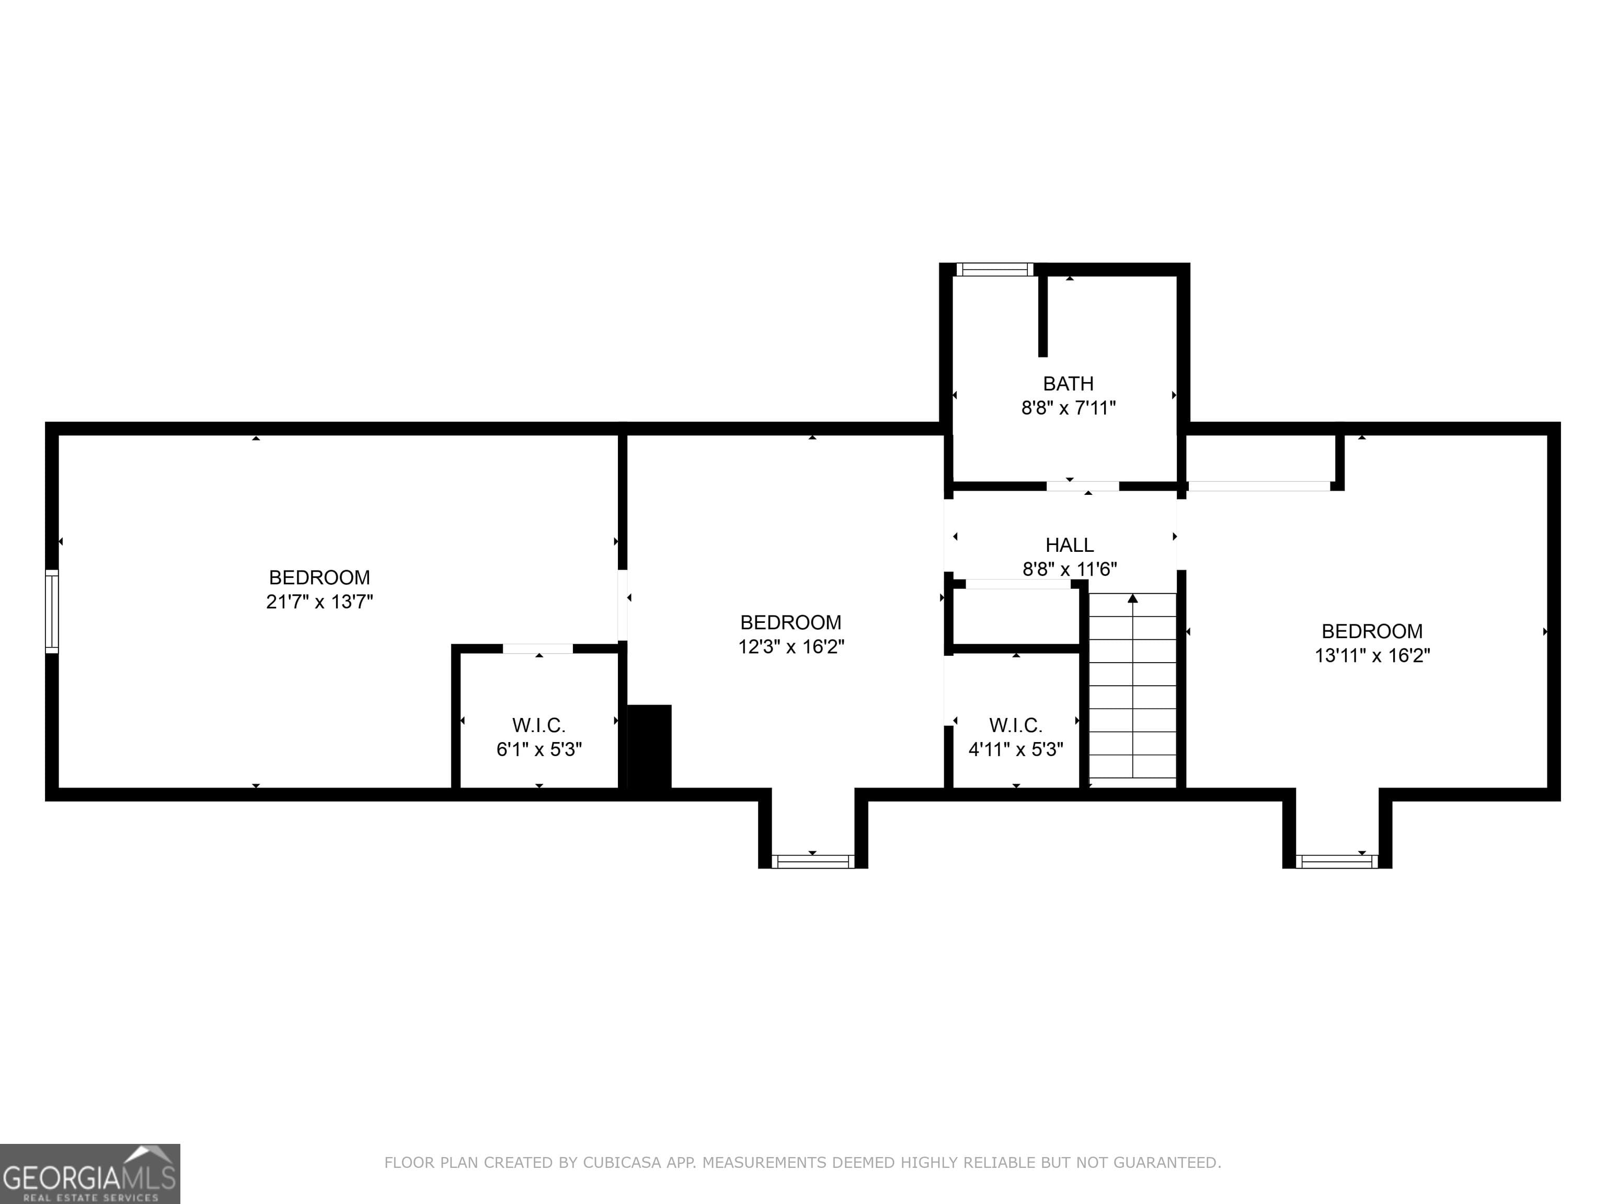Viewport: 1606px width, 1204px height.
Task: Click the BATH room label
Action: [x=1068, y=383]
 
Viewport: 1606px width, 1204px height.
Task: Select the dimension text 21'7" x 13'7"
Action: [x=319, y=601]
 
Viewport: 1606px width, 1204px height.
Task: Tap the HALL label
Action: [x=1070, y=545]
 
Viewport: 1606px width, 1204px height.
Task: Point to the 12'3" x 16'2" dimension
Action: [x=791, y=646]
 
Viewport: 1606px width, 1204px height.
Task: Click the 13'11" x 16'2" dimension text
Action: [x=1372, y=656]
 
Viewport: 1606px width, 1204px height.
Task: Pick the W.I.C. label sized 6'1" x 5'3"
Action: [x=538, y=725]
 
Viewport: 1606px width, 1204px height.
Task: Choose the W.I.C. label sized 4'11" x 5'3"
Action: [x=1016, y=725]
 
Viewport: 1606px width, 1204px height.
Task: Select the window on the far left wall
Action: [x=52, y=611]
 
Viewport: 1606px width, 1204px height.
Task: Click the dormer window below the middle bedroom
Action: [x=812, y=861]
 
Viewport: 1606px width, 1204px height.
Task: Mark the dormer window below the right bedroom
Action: [x=1337, y=861]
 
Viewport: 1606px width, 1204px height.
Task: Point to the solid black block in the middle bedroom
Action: [x=649, y=746]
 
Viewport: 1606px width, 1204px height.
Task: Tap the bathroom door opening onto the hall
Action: [x=1083, y=486]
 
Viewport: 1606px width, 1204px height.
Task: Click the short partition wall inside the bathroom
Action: [x=1042, y=317]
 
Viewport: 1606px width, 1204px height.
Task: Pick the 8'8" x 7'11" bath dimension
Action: [x=1068, y=408]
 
